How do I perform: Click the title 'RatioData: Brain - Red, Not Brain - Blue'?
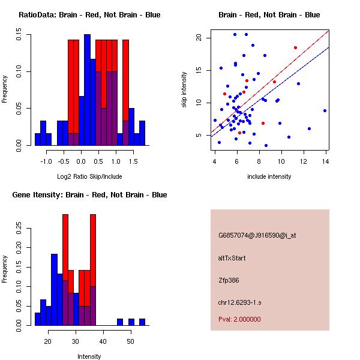89,15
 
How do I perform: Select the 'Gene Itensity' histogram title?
89,195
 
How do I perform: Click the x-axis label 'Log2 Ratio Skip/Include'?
89,177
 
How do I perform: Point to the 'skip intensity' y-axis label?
185,90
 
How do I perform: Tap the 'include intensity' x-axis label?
269,177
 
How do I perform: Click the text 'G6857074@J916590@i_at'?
257,235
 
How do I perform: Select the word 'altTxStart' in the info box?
232,259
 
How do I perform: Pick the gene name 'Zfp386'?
229,280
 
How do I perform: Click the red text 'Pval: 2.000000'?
239,319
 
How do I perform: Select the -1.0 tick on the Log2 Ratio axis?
46,161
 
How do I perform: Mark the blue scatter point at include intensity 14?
325,110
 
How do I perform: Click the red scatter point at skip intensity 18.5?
295,47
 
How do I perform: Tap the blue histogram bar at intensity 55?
142,322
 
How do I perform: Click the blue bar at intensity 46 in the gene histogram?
119,322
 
